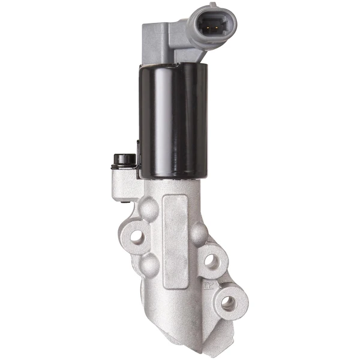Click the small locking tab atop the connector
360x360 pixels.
click(x=211, y=5)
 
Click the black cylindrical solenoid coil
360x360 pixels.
click(x=173, y=120)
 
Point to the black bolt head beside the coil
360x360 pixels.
click(x=125, y=160)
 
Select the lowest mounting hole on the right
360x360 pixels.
click(x=228, y=302)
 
